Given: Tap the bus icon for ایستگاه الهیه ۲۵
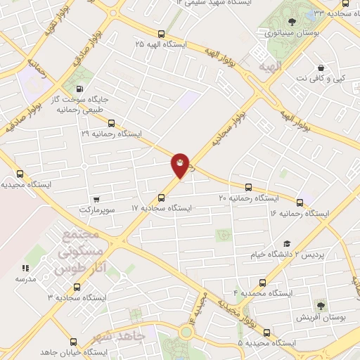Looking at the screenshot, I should pyautogui.click(x=162, y=33).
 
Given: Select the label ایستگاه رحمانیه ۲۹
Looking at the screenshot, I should pyautogui.click(x=112, y=133).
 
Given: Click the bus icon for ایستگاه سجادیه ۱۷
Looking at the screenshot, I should pyautogui.click(x=162, y=198).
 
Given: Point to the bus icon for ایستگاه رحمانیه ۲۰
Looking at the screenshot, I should pyautogui.click(x=248, y=187).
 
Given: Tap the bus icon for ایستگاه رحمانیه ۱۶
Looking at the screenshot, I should pyautogui.click(x=300, y=202).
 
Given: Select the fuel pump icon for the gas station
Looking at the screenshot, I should pyautogui.click(x=78, y=89).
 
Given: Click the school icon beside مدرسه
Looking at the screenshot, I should pyautogui.click(x=25, y=268).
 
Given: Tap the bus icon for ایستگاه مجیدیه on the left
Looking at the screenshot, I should pyautogui.click(x=19, y=174).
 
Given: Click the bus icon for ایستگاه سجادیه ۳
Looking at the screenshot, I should pyautogui.click(x=76, y=287).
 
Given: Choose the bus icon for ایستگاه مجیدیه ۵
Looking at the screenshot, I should pyautogui.click(x=266, y=332).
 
